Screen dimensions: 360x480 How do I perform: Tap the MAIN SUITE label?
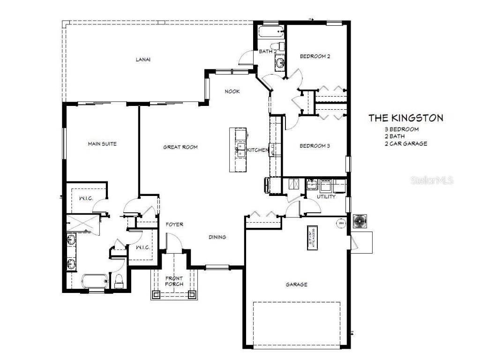102,144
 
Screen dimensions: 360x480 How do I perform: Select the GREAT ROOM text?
180,147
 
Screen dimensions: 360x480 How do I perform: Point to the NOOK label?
232,91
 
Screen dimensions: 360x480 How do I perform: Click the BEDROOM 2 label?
315,56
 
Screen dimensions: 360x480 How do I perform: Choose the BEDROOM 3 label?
315,146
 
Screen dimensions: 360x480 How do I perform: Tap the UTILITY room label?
326,197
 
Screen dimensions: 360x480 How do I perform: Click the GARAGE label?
296,285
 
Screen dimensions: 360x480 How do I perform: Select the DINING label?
217,237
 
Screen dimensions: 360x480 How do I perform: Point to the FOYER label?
174,225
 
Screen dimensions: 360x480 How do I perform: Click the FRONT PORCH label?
173,281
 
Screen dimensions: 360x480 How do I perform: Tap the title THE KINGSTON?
405,118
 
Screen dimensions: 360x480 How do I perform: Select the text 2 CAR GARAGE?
405,144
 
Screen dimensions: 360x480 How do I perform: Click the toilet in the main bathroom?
119,281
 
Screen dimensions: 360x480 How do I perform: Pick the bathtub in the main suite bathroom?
95,282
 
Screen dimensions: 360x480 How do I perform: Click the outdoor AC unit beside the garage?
360,221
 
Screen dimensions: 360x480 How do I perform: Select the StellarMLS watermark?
432,180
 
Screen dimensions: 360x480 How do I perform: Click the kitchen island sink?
241,150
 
